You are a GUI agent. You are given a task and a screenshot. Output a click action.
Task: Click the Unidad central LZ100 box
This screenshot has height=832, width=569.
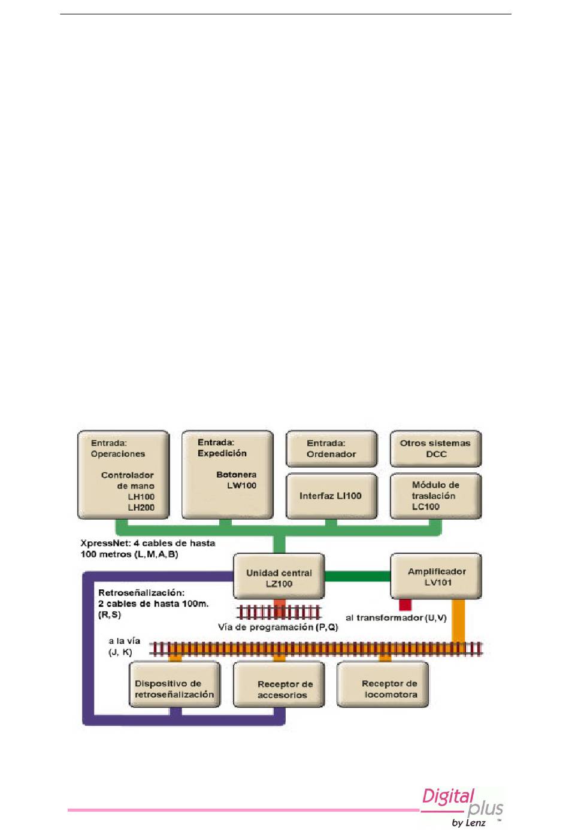click(279, 576)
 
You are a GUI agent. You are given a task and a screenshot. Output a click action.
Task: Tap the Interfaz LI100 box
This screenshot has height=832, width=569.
click(331, 496)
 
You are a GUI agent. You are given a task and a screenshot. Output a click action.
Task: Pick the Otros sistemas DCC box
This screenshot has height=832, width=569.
click(436, 448)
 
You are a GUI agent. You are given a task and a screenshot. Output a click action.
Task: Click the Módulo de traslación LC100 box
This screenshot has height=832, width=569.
click(436, 496)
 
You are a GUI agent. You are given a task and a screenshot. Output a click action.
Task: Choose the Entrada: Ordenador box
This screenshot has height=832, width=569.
click(331, 448)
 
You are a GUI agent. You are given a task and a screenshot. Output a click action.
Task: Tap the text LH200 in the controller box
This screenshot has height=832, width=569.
click(141, 507)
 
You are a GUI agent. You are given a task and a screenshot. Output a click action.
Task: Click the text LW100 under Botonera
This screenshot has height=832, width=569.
click(241, 486)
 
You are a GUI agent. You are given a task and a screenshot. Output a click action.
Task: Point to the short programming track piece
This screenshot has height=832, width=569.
click(279, 613)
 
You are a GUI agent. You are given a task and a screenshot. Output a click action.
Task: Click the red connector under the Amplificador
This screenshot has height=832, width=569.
click(405, 605)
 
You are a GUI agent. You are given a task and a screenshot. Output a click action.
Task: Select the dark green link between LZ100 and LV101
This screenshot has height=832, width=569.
click(358, 577)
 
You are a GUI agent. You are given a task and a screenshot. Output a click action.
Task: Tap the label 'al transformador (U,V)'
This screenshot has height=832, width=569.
click(396, 618)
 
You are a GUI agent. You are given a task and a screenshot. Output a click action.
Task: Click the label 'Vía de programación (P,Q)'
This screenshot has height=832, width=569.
click(278, 628)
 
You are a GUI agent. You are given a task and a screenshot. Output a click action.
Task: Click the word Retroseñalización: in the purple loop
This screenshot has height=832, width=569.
click(141, 593)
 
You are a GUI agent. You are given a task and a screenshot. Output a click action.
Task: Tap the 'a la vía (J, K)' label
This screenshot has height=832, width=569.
click(123, 646)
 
